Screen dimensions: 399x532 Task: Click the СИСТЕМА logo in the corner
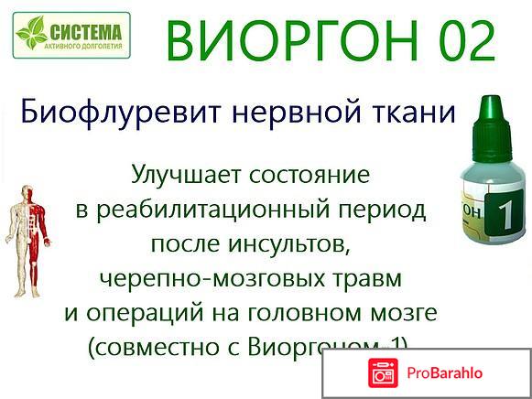pyautogui.click(x=72, y=33)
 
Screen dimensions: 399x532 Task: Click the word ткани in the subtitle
pyautogui.click(x=411, y=114)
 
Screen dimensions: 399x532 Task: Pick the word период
pyautogui.click(x=387, y=210)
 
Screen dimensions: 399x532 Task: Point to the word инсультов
pyautogui.click(x=292, y=244)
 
